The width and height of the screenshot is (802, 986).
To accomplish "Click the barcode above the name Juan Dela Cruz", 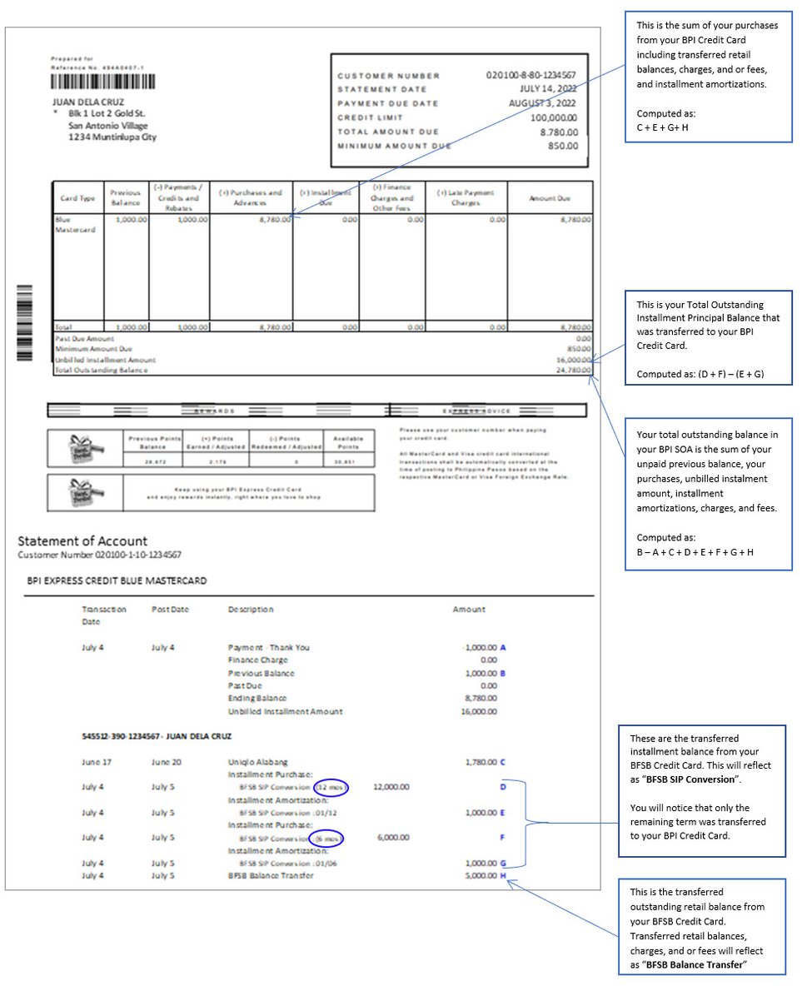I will click(102, 82).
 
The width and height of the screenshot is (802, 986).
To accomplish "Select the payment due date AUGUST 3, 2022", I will click(543, 103).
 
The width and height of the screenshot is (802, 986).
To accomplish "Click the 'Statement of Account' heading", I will click(82, 541).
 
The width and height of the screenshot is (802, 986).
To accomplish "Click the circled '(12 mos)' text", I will click(331, 787).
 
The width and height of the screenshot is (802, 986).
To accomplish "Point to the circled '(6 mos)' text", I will click(326, 838).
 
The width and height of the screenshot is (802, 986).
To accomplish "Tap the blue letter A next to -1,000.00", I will click(503, 647).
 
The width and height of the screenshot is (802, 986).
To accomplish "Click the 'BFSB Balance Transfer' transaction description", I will click(271, 876).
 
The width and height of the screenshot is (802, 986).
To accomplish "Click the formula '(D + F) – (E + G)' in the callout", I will click(699, 374).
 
